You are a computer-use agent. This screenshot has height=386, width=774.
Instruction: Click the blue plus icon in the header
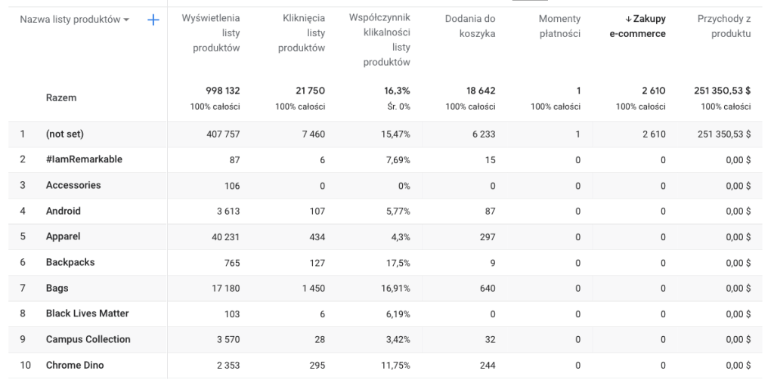pyautogui.click(x=153, y=20)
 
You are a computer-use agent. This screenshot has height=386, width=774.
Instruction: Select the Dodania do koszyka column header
pyautogui.click(x=471, y=26)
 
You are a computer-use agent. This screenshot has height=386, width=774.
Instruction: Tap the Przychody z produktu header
pyautogui.click(x=724, y=26)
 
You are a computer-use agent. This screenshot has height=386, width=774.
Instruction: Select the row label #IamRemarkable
pyautogui.click(x=84, y=159)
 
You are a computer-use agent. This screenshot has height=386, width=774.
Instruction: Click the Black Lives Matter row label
pyautogui.click(x=87, y=313)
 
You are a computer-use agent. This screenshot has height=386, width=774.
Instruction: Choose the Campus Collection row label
pyautogui.click(x=88, y=339)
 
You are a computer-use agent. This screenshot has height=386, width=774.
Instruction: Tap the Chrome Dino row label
pyautogui.click(x=75, y=365)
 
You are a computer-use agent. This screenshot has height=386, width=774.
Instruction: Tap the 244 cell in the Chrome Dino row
pyautogui.click(x=487, y=365)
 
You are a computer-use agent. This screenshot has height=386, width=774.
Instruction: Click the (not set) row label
pyautogui.click(x=65, y=134)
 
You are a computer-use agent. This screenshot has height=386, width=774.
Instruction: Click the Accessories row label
pyautogui.click(x=73, y=185)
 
